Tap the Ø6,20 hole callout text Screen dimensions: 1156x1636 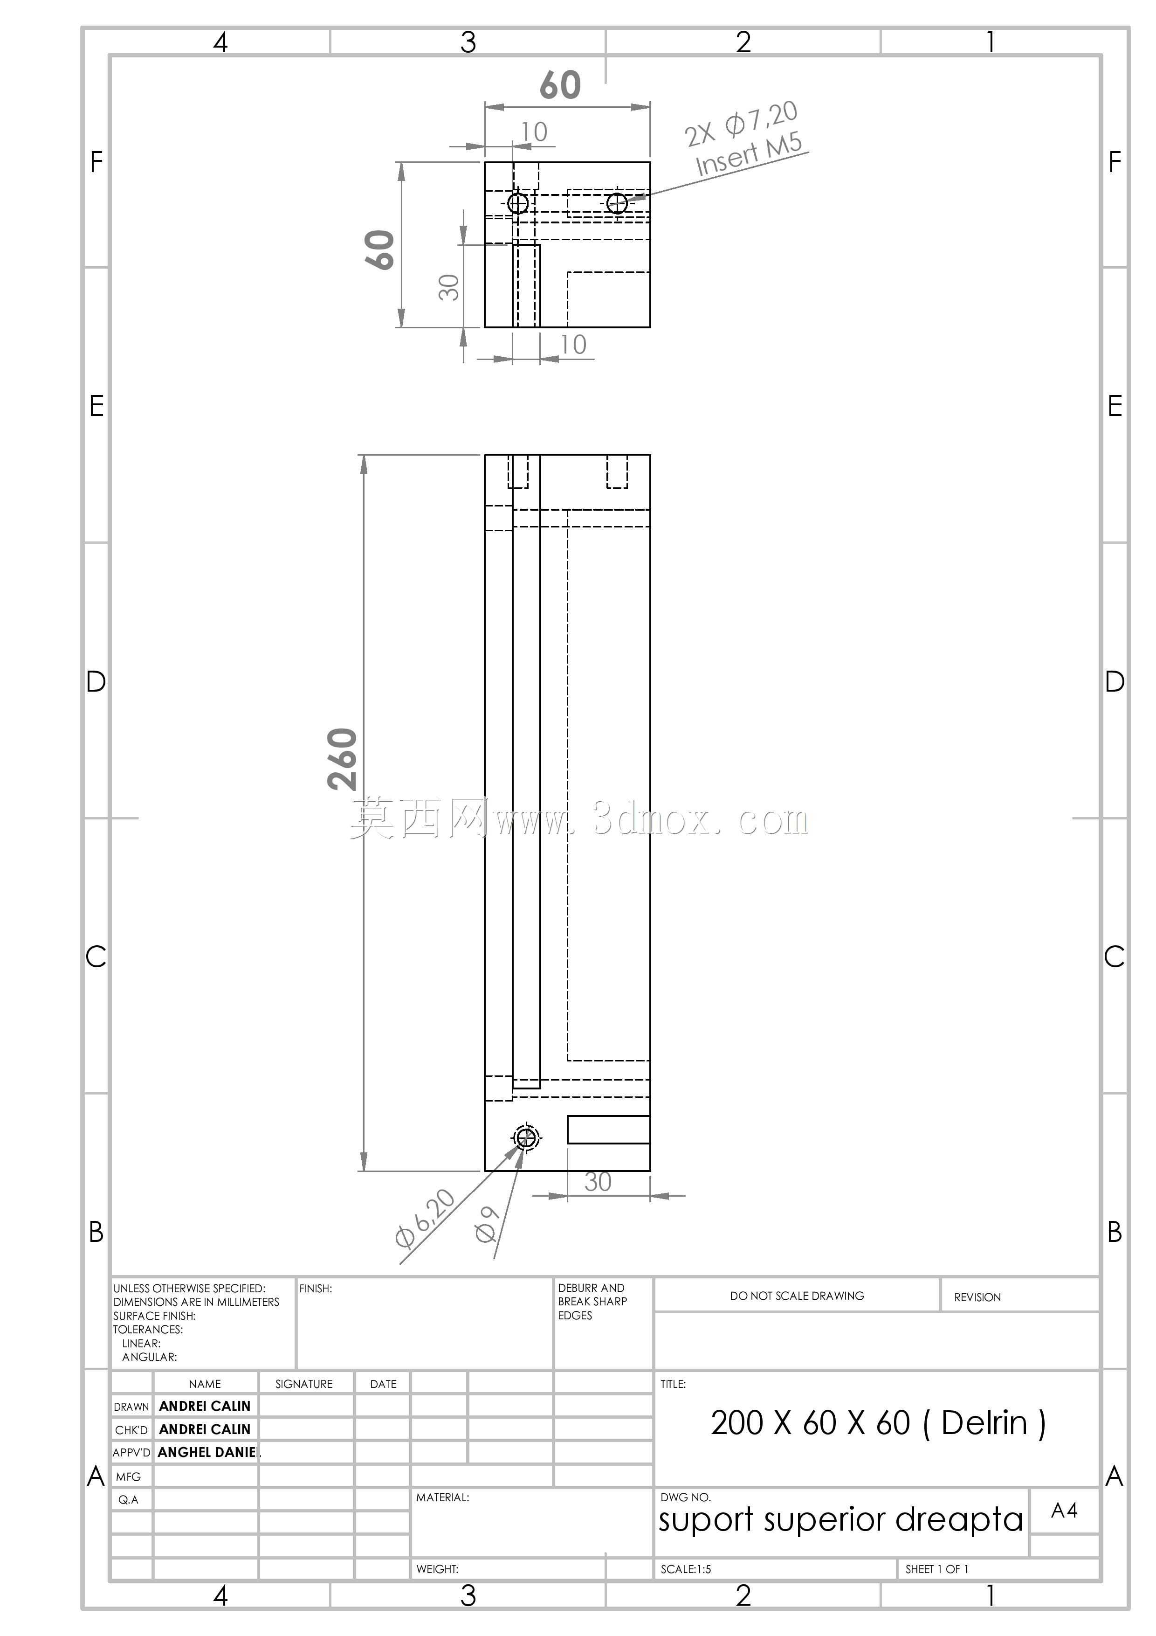click(x=425, y=1219)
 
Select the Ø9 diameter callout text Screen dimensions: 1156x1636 click(x=487, y=1224)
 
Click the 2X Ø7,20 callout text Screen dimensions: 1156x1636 click(x=741, y=123)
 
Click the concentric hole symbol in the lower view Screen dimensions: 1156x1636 click(x=526, y=1137)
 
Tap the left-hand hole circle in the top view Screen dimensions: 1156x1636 click(x=518, y=203)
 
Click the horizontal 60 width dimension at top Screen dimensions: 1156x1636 click(x=560, y=85)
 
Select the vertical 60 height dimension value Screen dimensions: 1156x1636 click(x=379, y=250)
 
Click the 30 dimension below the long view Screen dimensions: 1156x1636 click(x=598, y=1181)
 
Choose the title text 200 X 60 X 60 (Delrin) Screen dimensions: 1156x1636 click(x=878, y=1424)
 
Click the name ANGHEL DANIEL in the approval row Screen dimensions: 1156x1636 click(x=209, y=1452)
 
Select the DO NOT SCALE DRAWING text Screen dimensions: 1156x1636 click(x=797, y=1296)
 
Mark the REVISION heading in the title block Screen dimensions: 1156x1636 click(x=977, y=1297)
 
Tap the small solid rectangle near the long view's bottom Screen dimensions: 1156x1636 click(x=609, y=1130)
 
